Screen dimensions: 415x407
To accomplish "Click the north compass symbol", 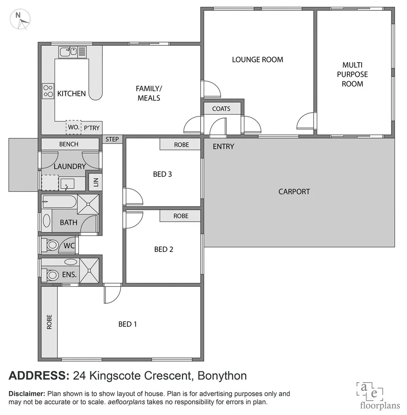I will point(20,19).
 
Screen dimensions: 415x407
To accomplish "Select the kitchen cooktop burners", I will point(48,91).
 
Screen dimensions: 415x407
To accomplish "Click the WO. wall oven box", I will point(73,127).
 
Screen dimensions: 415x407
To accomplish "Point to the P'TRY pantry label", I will point(92,128).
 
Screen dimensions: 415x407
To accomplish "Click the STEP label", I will point(112,139).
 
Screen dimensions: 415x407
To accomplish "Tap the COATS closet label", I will point(221,109).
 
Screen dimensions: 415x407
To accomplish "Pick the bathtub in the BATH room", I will point(60,201).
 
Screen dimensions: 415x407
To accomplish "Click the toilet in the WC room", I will point(51,245).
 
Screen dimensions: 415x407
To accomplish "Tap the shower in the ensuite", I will point(89,271).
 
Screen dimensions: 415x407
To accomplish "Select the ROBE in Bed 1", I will point(49,322).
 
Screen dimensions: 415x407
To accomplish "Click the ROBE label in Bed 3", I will point(181,145).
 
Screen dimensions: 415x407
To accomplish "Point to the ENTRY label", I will point(223,146).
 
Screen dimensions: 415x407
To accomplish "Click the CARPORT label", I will point(294,191).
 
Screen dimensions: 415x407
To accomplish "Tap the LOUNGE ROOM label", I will point(257,60).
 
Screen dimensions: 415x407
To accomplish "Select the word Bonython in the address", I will point(222,375).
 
